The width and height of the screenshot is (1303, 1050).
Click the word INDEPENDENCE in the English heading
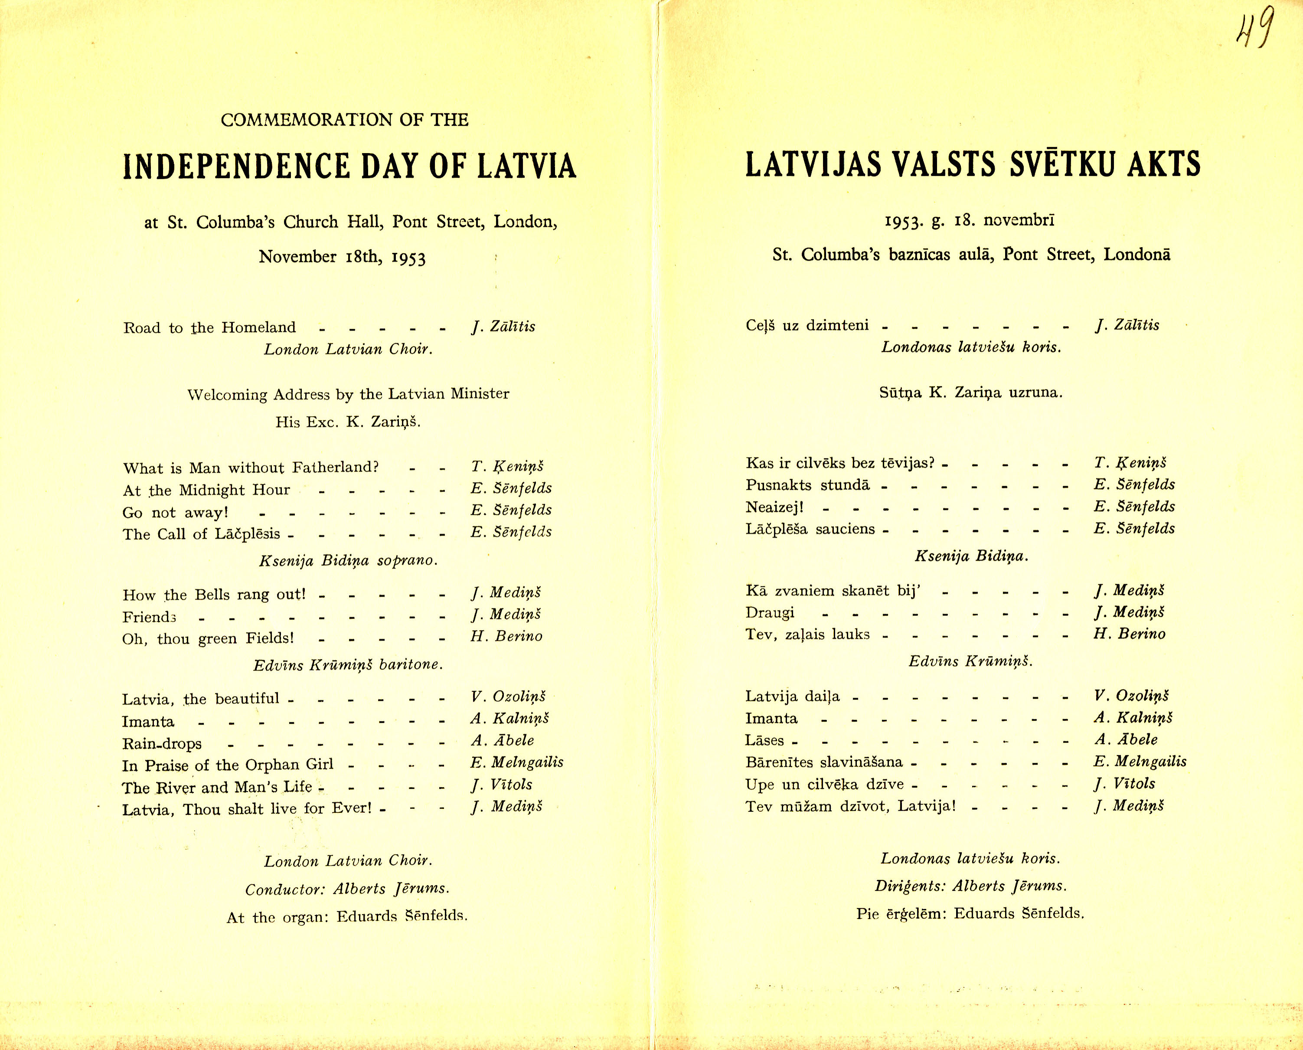point(236,167)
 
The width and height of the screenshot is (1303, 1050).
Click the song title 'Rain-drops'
point(161,743)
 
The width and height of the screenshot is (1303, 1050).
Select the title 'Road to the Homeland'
point(209,328)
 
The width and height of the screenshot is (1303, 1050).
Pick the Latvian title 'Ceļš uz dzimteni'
point(807,325)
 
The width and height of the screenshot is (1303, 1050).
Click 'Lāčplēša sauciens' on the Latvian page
point(810,529)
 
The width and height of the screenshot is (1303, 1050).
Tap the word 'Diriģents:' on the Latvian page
point(910,886)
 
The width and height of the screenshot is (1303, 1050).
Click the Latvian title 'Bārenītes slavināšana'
point(823,762)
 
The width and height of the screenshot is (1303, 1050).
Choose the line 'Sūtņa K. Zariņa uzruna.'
point(970,393)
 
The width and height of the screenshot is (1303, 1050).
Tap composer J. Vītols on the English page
point(502,785)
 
